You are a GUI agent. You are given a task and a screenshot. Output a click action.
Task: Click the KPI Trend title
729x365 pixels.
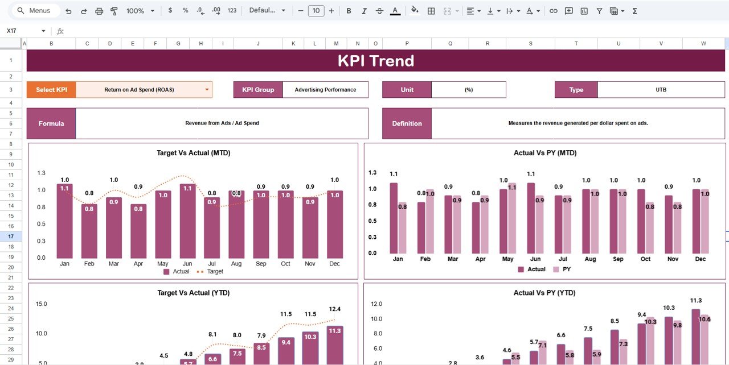(x=375, y=61)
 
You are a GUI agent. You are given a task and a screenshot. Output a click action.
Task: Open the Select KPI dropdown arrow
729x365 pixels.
(x=207, y=90)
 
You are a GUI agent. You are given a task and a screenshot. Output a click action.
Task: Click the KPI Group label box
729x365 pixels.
(x=258, y=90)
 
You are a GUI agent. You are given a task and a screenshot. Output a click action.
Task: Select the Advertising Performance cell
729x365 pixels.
(x=325, y=90)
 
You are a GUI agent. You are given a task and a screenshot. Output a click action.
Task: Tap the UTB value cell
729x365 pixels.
(x=661, y=90)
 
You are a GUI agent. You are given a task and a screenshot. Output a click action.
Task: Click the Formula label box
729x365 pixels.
(x=51, y=123)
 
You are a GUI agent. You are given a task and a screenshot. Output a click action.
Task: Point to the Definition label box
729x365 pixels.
(x=407, y=123)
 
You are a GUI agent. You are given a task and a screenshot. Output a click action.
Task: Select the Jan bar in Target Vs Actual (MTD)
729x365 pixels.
(x=65, y=222)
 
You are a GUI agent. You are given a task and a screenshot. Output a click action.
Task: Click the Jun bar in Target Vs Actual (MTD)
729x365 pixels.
(x=187, y=222)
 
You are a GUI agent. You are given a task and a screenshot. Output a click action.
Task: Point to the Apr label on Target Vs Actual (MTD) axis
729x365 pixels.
(x=138, y=264)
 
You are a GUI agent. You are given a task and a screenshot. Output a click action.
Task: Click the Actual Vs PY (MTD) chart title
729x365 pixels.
(x=544, y=153)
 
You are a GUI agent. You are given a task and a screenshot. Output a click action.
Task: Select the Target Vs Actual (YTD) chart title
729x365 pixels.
(x=193, y=293)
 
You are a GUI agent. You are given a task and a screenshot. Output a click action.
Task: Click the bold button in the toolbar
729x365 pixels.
(x=349, y=11)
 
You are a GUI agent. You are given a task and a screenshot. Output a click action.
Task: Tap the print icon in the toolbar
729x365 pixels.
(x=99, y=11)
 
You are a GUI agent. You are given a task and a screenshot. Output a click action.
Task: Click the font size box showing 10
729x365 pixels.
(x=316, y=11)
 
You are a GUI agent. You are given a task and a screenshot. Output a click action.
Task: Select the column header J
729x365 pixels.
(x=258, y=43)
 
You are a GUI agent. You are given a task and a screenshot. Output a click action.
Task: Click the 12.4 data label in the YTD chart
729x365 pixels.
(x=335, y=309)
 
